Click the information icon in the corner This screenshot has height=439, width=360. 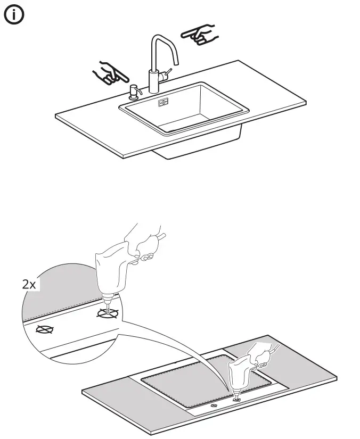[x=14, y=16]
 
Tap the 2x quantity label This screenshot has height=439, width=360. [x=29, y=284]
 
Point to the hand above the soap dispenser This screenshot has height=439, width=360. [x=109, y=73]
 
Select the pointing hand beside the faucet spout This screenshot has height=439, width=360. [x=200, y=35]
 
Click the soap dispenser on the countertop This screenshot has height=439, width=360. [x=133, y=93]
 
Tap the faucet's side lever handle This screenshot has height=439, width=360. [x=168, y=73]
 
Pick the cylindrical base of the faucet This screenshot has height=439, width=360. [x=154, y=82]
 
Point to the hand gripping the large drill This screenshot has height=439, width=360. [x=146, y=245]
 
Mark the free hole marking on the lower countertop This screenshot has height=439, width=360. [x=214, y=406]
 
